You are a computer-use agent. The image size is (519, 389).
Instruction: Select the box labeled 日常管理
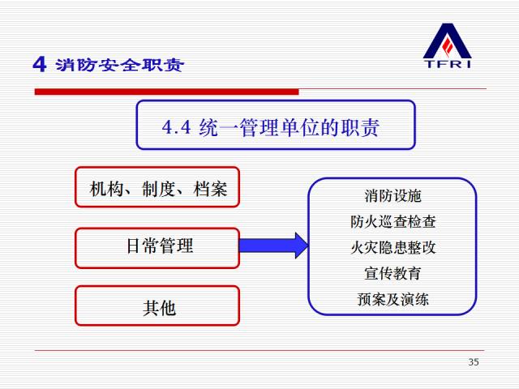click(x=157, y=246)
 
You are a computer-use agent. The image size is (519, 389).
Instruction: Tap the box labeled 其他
click(x=157, y=307)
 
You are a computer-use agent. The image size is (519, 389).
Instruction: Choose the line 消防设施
click(x=392, y=196)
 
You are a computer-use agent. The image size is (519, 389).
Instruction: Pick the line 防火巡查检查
click(x=392, y=221)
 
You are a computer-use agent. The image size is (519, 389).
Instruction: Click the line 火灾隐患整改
click(x=392, y=247)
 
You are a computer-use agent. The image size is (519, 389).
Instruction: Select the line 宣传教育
click(x=392, y=273)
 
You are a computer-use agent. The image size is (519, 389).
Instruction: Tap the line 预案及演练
click(x=392, y=299)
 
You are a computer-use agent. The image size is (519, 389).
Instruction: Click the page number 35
click(x=474, y=361)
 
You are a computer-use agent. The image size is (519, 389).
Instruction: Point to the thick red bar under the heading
click(x=162, y=92)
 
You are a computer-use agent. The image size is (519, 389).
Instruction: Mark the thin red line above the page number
click(x=259, y=350)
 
